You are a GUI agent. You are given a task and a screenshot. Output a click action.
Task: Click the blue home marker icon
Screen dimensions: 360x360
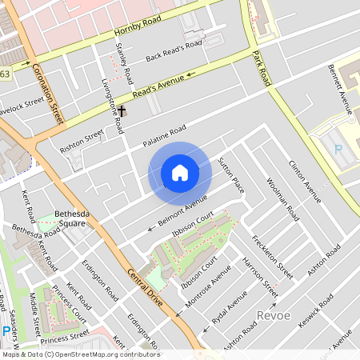180,173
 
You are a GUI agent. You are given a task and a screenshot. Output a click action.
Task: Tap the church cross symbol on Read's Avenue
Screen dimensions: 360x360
122,110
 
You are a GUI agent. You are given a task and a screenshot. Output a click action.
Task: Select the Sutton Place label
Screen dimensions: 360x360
230,174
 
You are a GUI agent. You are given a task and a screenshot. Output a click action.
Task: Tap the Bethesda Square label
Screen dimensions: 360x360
70,219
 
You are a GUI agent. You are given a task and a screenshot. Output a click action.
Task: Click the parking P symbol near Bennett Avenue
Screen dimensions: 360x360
338,149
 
